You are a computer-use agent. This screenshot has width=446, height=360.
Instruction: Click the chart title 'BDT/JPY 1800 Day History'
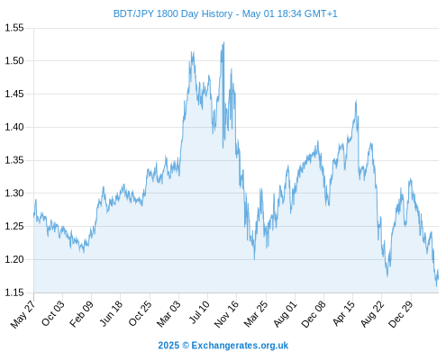[173, 13]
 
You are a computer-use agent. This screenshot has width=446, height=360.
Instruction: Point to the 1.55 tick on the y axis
[14, 28]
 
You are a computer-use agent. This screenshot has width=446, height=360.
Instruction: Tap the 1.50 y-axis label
[14, 61]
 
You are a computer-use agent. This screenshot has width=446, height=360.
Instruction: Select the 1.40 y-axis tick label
[14, 127]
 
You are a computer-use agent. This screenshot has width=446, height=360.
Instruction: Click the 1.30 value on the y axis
[14, 193]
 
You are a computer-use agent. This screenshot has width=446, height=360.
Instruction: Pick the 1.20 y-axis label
[14, 259]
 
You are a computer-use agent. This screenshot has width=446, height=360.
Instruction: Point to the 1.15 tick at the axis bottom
[14, 292]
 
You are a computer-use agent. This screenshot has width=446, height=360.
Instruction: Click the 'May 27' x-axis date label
[23, 313]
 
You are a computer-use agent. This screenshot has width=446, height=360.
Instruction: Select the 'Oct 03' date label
[53, 313]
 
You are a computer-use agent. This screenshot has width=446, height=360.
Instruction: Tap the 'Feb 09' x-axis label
[82, 313]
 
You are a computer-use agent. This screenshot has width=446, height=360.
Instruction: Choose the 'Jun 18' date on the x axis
[111, 313]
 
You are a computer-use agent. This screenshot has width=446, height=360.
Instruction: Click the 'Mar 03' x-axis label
[169, 313]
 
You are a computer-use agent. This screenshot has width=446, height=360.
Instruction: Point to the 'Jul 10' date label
[199, 312]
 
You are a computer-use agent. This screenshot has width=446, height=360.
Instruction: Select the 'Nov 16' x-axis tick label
[226, 313]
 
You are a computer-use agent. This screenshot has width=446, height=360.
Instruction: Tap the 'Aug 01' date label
[286, 313]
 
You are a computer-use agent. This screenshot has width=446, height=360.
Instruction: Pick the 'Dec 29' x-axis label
[401, 313]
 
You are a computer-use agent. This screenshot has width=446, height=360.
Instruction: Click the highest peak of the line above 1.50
[223, 42]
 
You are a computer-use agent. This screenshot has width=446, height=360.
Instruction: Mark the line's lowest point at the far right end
[437, 285]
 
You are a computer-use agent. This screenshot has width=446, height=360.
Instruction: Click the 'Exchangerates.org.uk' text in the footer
[240, 346]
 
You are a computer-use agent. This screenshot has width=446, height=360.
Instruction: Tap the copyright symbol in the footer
[186, 346]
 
